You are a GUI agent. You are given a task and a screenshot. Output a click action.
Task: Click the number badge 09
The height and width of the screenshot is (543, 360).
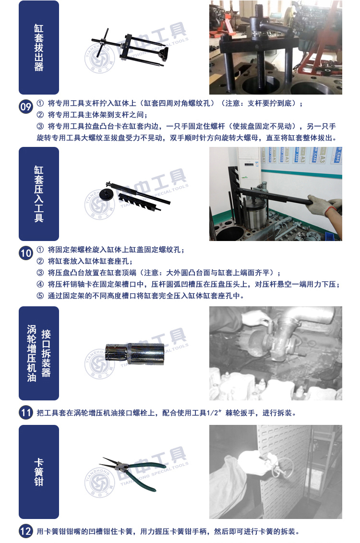[25, 107]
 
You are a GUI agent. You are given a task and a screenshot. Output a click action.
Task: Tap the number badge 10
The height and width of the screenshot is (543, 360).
[25, 253]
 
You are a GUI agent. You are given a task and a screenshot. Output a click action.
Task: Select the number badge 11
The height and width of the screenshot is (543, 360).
[25, 412]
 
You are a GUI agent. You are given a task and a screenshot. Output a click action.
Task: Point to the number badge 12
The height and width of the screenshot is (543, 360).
[25, 531]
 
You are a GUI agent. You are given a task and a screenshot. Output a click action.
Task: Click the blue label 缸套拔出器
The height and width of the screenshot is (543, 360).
[39, 48]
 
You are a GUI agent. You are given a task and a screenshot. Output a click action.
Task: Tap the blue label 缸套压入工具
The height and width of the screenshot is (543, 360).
[39, 194]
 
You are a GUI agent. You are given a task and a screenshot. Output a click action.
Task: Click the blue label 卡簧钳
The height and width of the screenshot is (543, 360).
[39, 471]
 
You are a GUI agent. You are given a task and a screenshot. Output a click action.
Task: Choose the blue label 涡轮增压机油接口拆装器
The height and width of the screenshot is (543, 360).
[39, 353]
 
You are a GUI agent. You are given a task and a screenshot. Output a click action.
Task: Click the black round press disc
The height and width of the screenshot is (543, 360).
[106, 194]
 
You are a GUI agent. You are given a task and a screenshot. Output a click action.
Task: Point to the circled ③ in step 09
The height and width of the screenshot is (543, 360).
[40, 126]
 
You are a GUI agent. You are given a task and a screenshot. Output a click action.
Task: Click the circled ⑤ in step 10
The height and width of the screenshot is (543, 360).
[40, 296]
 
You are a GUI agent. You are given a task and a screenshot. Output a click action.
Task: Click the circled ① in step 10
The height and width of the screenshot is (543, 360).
[40, 250]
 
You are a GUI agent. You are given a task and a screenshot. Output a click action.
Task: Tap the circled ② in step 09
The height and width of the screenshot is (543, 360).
[40, 115]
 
